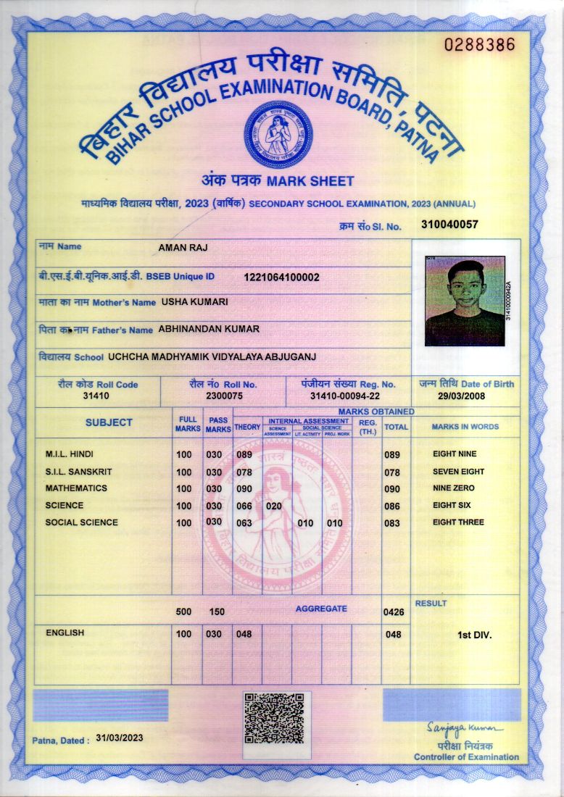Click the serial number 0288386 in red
[479, 44]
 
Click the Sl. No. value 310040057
[449, 225]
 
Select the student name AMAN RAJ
[183, 248]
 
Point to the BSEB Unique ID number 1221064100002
[281, 277]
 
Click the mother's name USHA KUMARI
[195, 301]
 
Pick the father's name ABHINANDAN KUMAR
[209, 329]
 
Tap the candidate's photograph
[465, 301]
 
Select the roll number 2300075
[223, 396]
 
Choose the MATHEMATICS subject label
[76, 488]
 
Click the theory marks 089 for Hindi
[244, 454]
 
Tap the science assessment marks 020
[273, 506]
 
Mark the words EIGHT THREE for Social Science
[458, 522]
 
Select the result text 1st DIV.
[475, 635]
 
